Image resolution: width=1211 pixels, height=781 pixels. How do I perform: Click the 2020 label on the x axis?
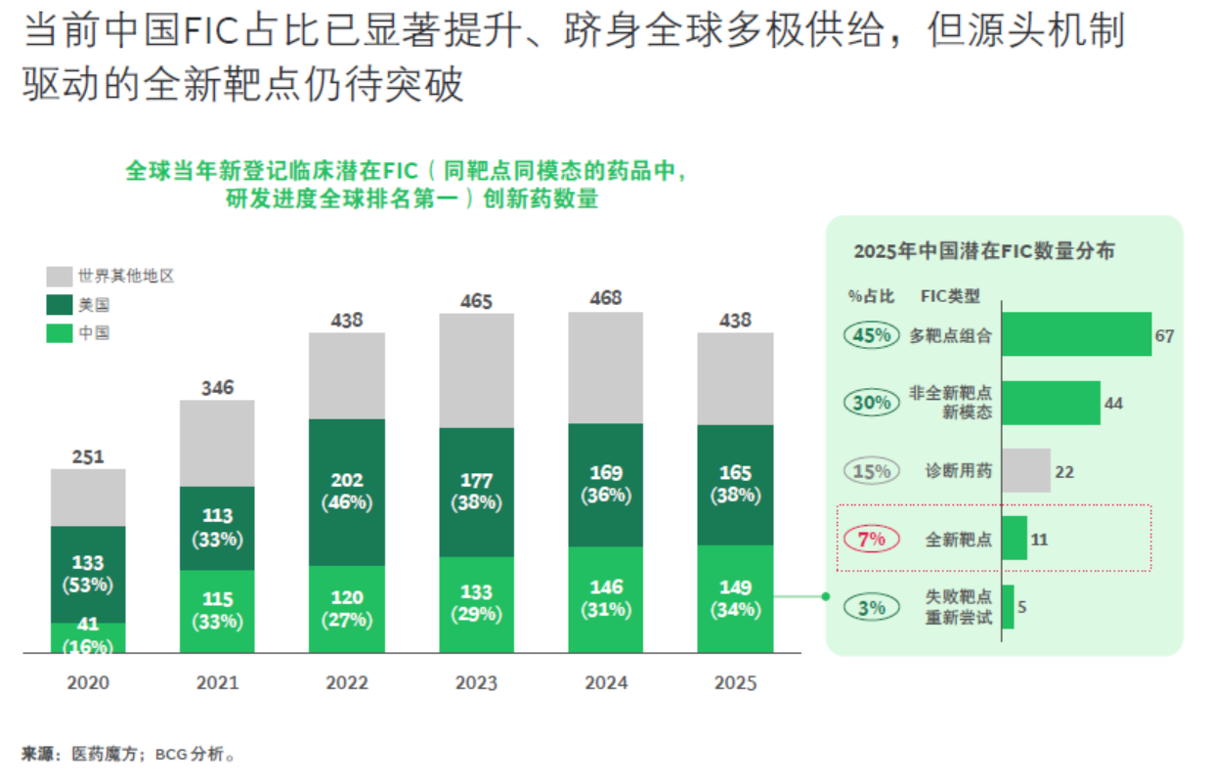click(88, 683)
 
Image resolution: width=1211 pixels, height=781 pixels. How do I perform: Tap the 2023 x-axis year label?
click(476, 683)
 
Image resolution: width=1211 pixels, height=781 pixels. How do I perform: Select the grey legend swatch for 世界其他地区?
click(59, 277)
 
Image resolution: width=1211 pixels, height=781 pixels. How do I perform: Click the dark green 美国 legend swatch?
click(59, 305)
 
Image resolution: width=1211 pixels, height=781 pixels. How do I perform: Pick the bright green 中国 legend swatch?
click(59, 333)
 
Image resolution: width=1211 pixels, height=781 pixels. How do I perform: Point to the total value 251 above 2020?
click(88, 456)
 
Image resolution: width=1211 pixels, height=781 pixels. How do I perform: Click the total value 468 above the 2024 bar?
click(606, 298)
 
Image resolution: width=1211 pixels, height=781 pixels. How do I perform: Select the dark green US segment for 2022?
click(347, 492)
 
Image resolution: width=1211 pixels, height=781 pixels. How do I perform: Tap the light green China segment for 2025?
click(735, 598)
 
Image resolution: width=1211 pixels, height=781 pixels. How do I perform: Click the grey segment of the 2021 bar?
click(217, 443)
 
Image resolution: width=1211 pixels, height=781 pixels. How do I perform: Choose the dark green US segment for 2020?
click(88, 574)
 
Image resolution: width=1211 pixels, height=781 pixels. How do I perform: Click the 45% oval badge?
click(871, 335)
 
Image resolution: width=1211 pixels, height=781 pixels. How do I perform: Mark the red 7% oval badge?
click(871, 539)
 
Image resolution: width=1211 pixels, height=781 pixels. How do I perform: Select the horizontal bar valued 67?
click(1076, 335)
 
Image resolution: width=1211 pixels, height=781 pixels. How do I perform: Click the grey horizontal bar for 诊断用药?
click(1026, 471)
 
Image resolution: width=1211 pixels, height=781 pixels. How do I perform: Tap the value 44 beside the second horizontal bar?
click(1113, 403)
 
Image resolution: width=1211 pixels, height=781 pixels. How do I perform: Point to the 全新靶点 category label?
click(959, 539)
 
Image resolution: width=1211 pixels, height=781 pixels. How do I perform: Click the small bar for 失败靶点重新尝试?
click(1008, 607)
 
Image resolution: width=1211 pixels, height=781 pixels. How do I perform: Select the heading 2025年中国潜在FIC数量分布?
click(983, 251)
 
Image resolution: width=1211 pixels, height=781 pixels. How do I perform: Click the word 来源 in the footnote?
click(37, 754)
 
